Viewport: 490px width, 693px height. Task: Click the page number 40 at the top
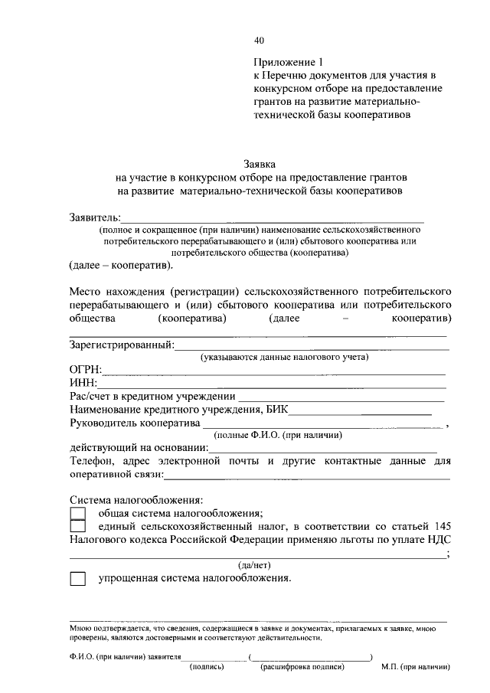click(259, 41)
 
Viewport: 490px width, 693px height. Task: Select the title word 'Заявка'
click(259, 163)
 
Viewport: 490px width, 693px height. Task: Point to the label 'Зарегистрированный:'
click(121, 345)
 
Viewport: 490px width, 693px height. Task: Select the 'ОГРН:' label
click(86, 370)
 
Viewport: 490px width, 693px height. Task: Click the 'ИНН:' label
click(83, 383)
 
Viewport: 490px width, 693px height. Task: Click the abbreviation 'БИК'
click(279, 409)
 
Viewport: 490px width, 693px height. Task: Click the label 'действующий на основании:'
click(138, 447)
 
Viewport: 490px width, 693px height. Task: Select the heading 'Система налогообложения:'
click(136, 499)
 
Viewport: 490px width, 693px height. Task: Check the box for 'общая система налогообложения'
click(77, 513)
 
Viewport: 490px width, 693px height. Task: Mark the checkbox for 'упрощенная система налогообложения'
click(77, 579)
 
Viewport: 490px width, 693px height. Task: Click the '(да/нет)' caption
click(253, 565)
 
